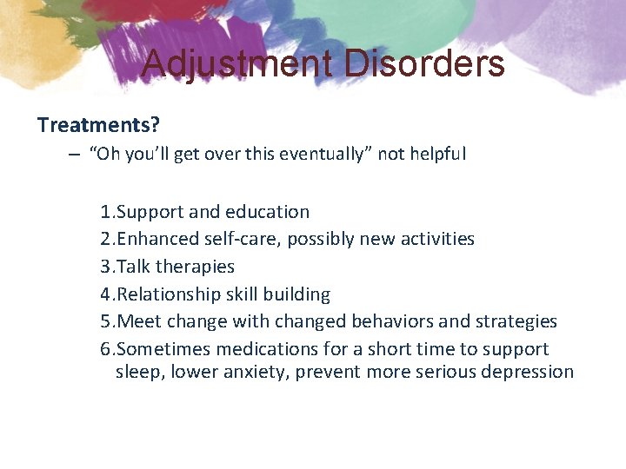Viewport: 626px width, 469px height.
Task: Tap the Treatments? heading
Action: point(98,124)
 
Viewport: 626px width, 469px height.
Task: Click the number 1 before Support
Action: point(104,212)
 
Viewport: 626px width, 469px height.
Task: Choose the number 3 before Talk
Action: point(104,267)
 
